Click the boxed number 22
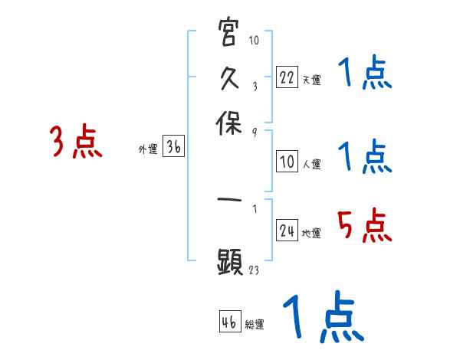coord(286,77)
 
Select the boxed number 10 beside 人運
coord(286,162)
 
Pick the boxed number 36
coord(173,149)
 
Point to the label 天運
coord(311,79)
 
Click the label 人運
coord(311,164)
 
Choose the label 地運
coord(311,233)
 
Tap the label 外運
coord(147,150)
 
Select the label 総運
coord(255,325)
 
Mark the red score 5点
coord(364,225)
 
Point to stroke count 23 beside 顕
coord(255,270)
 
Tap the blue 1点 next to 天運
coord(364,75)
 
